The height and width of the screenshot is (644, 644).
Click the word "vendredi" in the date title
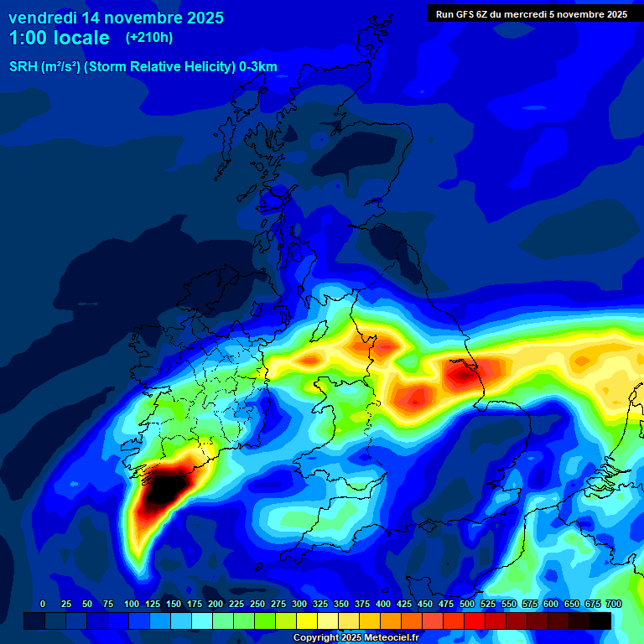(x=43, y=18)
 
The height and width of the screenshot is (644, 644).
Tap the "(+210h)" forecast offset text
(x=149, y=38)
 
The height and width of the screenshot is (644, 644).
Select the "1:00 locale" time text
(x=59, y=39)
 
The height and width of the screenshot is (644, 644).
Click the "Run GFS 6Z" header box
(x=532, y=13)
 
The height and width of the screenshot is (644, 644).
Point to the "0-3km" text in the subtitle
(x=257, y=67)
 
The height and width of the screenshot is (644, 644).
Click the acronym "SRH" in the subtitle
(x=25, y=67)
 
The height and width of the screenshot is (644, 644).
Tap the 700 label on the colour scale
(x=613, y=605)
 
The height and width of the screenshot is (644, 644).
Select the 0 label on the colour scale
(x=43, y=605)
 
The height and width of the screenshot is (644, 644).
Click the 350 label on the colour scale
(x=341, y=605)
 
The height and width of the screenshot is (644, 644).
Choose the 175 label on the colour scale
(x=195, y=605)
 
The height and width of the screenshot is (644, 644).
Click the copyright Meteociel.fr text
(x=356, y=637)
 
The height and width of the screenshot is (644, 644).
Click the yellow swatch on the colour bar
(x=307, y=621)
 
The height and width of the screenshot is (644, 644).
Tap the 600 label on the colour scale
(x=551, y=605)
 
